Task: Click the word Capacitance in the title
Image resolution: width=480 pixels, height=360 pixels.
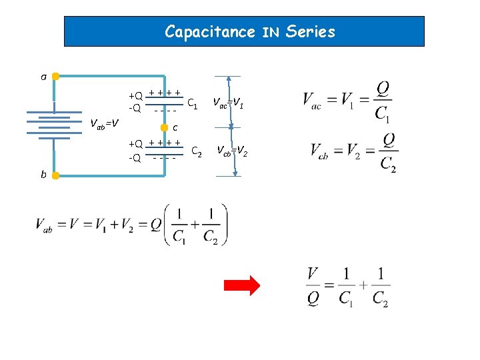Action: click(x=210, y=31)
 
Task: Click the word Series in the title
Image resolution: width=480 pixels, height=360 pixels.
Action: click(x=309, y=31)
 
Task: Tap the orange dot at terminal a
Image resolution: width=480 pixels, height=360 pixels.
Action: click(x=56, y=76)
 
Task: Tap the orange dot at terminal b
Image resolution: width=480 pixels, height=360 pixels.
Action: click(x=56, y=175)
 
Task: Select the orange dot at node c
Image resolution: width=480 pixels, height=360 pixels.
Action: click(x=165, y=127)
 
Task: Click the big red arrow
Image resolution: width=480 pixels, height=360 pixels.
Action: click(x=241, y=286)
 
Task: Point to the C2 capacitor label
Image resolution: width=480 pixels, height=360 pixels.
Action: click(x=197, y=153)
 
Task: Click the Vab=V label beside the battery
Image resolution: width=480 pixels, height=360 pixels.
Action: click(x=105, y=123)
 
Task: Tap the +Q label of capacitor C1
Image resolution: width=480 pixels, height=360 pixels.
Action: click(x=135, y=95)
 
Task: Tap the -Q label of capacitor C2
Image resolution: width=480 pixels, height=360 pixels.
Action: click(x=135, y=158)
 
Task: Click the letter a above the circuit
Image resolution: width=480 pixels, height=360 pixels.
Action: click(x=43, y=77)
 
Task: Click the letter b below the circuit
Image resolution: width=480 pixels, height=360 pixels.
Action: click(x=43, y=175)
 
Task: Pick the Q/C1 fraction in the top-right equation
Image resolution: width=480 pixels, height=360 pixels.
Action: click(x=382, y=101)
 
